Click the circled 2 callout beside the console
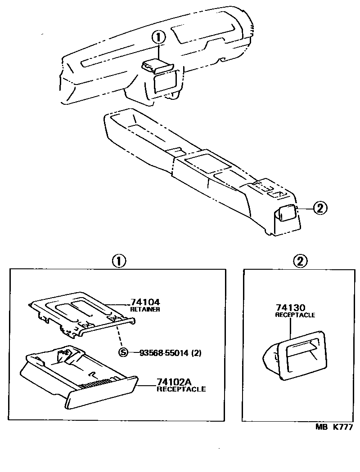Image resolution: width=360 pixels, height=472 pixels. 319,208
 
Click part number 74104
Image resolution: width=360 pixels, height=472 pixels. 145,303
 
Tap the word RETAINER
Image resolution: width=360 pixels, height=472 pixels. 145,310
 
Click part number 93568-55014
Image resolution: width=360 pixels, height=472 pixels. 157,353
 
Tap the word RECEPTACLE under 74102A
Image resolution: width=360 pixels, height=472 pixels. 181,389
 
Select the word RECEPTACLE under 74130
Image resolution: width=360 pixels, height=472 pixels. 295,315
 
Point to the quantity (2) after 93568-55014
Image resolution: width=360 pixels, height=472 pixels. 196,353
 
